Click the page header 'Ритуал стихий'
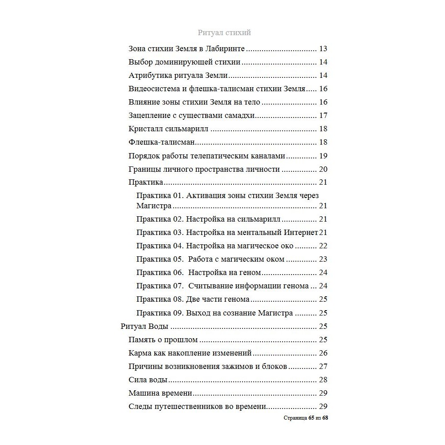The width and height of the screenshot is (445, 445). [x=224, y=32]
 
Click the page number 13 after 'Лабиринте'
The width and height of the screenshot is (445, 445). [x=323, y=49]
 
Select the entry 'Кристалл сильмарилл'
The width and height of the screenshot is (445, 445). [x=169, y=129]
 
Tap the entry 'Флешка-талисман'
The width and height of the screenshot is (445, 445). [x=162, y=142]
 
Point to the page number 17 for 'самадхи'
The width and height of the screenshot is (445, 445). [x=323, y=116]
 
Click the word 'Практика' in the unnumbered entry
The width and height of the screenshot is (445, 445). [x=146, y=182]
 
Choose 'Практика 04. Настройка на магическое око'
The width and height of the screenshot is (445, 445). [x=215, y=246]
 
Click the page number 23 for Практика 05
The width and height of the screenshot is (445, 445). [x=323, y=259]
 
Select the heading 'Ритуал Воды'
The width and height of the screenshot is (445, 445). [x=144, y=327]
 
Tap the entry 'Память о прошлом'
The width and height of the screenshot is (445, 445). [x=163, y=340]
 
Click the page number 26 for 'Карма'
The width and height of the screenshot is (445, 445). [x=323, y=353]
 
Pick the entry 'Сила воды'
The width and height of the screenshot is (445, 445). [x=148, y=380]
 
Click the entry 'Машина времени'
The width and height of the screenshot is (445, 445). [x=160, y=393]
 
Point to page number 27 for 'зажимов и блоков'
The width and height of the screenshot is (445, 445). [x=323, y=367]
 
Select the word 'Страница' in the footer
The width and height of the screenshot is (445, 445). [x=295, y=418]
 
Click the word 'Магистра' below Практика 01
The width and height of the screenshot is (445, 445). [x=154, y=206]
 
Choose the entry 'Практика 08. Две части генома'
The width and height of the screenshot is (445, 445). [x=193, y=299]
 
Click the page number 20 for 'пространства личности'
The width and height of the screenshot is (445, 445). [x=323, y=169]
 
